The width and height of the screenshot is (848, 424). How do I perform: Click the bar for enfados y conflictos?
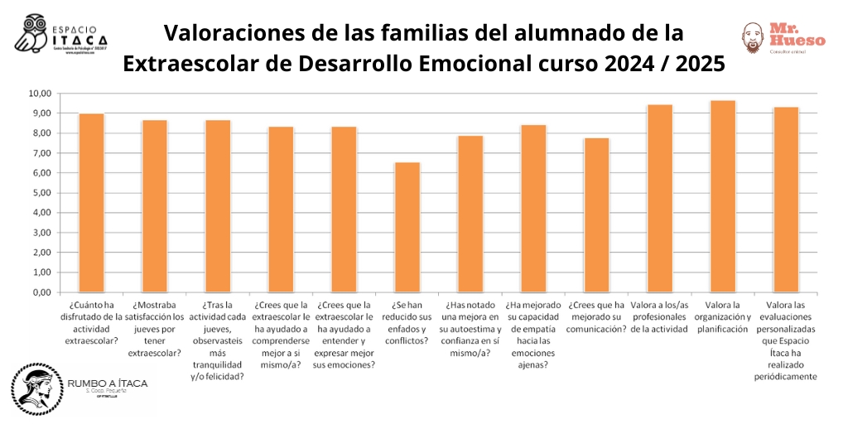point(407,227)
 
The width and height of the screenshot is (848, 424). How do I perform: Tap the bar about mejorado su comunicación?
point(596,215)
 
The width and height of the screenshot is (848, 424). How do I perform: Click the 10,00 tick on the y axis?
point(40,93)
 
